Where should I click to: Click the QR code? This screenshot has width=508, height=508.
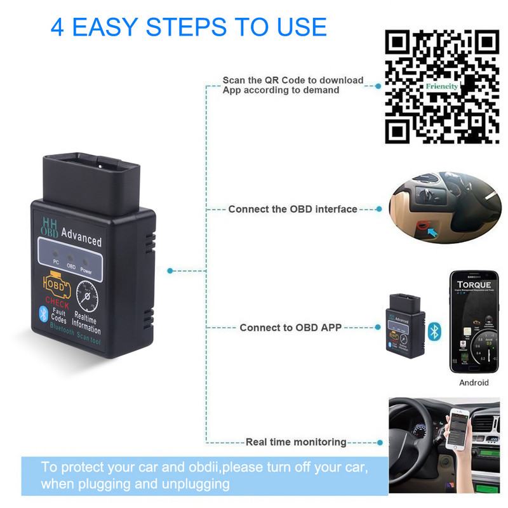point(443,87)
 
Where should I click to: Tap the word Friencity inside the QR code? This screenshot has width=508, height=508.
point(442,85)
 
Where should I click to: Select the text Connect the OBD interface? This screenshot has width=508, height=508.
point(293,209)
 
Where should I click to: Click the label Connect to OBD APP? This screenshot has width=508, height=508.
point(290,328)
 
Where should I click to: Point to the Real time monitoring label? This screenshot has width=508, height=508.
point(296,442)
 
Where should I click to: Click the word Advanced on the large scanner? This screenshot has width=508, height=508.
point(81,240)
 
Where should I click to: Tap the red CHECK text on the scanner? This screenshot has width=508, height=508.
point(57,304)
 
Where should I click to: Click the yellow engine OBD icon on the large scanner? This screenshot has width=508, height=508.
point(56,284)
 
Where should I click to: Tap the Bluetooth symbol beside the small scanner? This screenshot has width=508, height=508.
point(434,331)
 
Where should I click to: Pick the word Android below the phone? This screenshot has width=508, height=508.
point(474,382)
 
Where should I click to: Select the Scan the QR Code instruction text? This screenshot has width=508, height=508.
point(293,85)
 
